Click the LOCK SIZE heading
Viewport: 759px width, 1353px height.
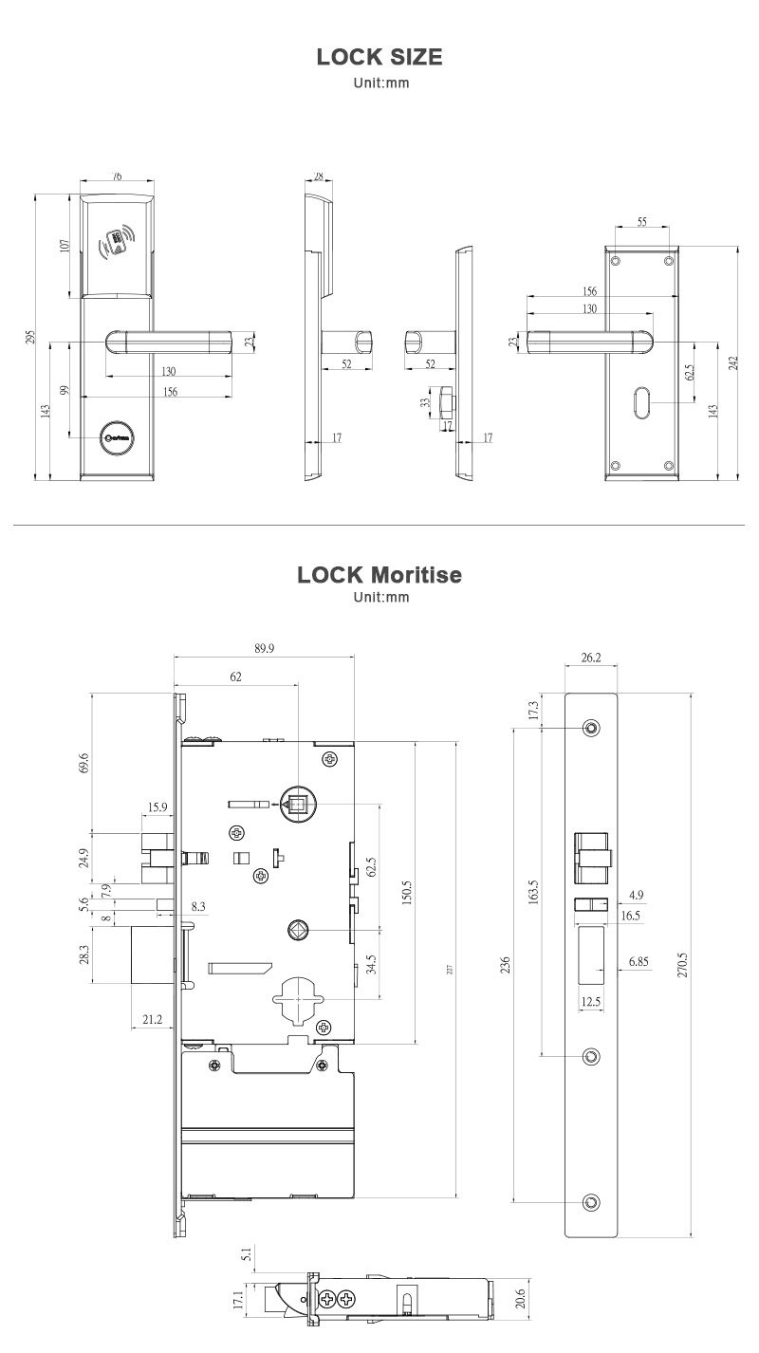click(x=379, y=57)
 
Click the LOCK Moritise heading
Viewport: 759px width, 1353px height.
click(x=379, y=575)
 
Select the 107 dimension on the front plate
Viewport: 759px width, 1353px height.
click(x=65, y=245)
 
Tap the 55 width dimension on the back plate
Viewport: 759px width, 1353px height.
click(x=642, y=221)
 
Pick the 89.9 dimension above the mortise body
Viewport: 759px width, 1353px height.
click(x=265, y=648)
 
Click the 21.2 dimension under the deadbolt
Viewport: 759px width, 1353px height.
click(x=152, y=1019)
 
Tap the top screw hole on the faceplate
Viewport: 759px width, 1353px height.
click(x=591, y=728)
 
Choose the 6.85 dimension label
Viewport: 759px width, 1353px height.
click(x=639, y=962)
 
